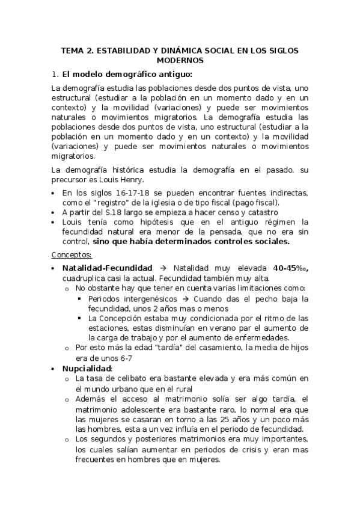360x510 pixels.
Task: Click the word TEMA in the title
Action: pyautogui.click(x=72, y=51)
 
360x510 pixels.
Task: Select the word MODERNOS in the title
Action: pyautogui.click(x=180, y=61)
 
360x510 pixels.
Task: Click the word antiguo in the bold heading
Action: pyautogui.click(x=174, y=75)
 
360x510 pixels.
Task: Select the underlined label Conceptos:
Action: pyautogui.click(x=67, y=254)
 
